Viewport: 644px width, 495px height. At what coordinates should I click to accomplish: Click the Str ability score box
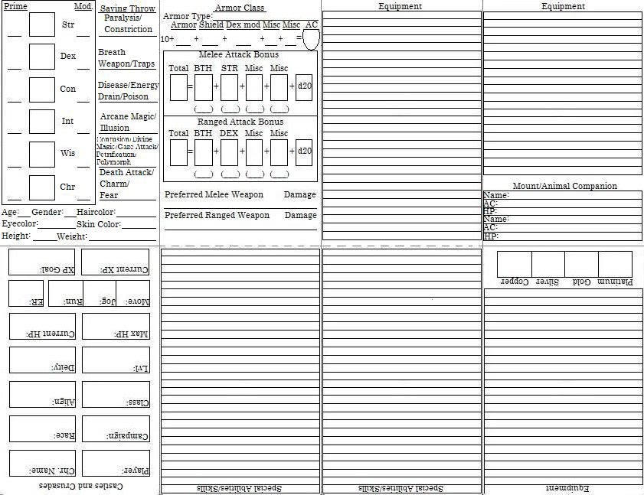(41, 24)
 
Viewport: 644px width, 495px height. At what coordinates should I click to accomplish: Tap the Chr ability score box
(41, 187)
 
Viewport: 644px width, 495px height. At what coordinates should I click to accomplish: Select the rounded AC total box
(311, 38)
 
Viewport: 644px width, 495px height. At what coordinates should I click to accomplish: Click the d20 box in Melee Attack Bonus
(304, 87)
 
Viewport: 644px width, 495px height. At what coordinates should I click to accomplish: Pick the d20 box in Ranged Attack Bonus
(304, 151)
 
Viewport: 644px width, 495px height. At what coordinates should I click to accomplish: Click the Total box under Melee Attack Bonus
(178, 87)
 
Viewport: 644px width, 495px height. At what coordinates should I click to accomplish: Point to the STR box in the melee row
(229, 87)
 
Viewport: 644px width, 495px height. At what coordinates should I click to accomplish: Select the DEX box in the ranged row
(229, 151)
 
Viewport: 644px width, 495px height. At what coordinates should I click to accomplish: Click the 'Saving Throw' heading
(128, 8)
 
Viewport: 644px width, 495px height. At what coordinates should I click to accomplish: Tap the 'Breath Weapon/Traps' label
(126, 58)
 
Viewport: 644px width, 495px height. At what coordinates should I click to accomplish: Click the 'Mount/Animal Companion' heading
(564, 186)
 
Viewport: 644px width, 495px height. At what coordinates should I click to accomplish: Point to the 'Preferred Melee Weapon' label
(214, 195)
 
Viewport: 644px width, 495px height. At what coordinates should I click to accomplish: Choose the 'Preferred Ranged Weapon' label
(217, 216)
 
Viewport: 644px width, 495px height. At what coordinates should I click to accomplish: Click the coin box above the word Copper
(514, 264)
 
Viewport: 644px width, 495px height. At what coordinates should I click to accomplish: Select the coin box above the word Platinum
(615, 264)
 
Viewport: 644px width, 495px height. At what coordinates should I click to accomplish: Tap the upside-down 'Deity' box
(42, 360)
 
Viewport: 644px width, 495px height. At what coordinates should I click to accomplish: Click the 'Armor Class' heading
(240, 8)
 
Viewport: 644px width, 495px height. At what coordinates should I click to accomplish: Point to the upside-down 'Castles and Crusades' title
(80, 486)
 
